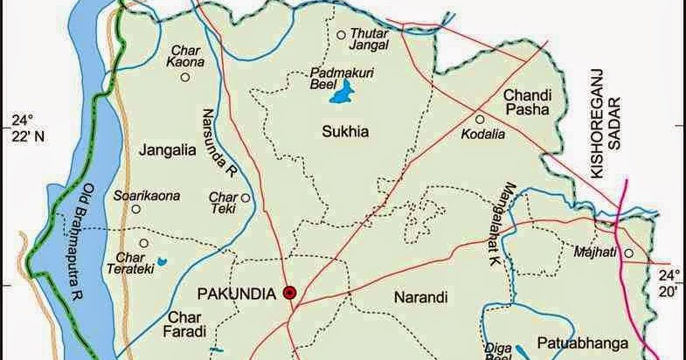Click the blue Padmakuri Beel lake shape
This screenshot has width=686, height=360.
coord(343,92)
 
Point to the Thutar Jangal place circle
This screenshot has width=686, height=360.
coord(342,35)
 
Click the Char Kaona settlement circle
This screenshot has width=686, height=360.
coord(185,77)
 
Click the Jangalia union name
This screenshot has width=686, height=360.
coord(165,150)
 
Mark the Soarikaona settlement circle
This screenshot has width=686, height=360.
coord(135,209)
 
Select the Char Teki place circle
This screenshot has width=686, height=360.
coord(246,197)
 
